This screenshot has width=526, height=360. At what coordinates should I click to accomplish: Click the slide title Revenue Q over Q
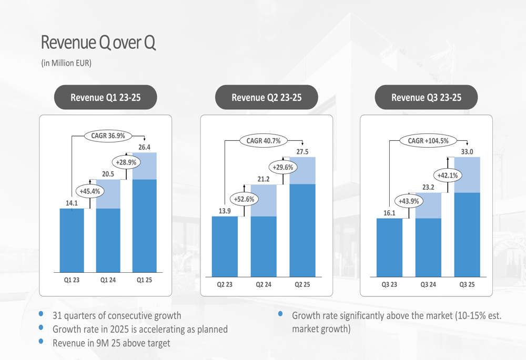click(98, 43)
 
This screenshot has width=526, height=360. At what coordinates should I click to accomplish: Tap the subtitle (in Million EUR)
click(66, 63)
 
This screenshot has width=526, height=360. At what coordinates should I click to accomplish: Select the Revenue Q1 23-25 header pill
click(106, 97)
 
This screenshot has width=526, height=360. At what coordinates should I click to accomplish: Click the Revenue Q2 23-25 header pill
click(266, 97)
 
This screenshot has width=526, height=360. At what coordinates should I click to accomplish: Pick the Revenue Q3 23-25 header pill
click(426, 97)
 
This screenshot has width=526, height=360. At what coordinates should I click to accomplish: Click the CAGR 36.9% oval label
click(108, 136)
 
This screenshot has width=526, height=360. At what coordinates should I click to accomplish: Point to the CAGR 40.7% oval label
click(264, 140)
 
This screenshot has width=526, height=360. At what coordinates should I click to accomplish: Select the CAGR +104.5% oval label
click(431, 140)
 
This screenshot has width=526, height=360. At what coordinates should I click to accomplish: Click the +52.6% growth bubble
click(244, 199)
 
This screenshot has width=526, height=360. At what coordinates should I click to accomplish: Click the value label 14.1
click(70, 203)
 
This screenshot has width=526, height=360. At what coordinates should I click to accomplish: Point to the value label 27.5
click(302, 151)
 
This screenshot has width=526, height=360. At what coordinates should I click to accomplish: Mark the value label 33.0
click(467, 151)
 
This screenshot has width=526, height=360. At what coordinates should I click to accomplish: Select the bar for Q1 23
click(72, 240)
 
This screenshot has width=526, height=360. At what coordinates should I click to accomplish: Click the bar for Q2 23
click(225, 246)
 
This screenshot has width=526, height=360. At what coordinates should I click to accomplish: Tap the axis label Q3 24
click(429, 284)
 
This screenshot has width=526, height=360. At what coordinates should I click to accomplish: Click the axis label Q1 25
click(144, 280)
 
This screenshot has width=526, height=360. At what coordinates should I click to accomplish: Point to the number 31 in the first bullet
click(57, 316)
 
